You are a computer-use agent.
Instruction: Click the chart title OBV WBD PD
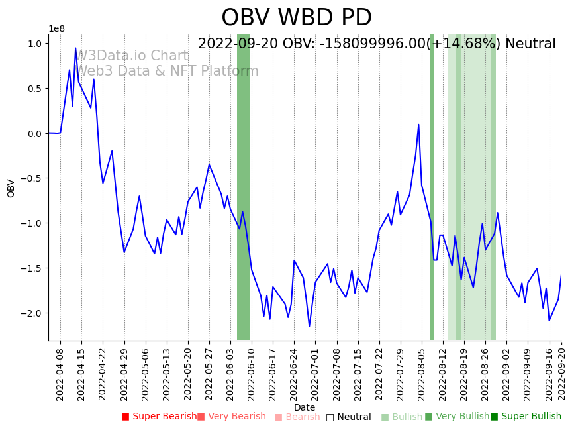296,18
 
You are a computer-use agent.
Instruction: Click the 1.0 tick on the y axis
34,44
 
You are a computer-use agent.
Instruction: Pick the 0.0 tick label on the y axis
34,134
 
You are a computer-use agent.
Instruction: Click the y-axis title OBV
11,188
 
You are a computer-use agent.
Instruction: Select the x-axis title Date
305,408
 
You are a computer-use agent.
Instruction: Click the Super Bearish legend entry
159,417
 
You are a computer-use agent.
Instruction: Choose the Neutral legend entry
348,417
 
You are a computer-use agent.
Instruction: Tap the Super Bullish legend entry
526,417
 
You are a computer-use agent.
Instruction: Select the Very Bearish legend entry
231,417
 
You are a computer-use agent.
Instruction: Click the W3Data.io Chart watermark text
132,56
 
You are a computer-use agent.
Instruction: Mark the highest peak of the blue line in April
75,48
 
